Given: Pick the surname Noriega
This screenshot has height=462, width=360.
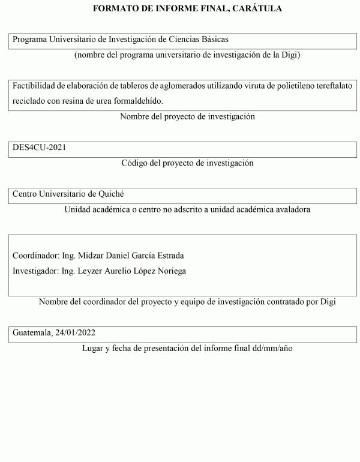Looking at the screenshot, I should pyautogui.click(x=170, y=271).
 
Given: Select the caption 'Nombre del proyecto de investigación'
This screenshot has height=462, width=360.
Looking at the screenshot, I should pyautogui.click(x=187, y=117).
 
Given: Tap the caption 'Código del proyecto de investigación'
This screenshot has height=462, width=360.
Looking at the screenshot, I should pyautogui.click(x=187, y=163).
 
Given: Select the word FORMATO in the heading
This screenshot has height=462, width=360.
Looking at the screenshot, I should pyautogui.click(x=113, y=8).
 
